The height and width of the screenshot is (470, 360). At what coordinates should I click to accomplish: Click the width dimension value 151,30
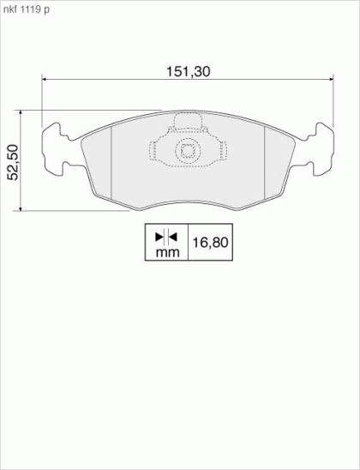click(x=189, y=72)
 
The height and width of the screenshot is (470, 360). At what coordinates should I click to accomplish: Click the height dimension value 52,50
click(x=13, y=162)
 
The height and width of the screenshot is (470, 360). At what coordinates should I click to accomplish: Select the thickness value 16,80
click(x=210, y=243)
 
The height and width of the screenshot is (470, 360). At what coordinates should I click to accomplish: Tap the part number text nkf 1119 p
click(x=27, y=9)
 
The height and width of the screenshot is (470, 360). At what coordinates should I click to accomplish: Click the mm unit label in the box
click(x=168, y=253)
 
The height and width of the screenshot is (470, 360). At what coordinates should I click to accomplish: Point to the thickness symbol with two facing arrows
click(x=166, y=237)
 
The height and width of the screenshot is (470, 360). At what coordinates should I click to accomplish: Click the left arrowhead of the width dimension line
click(x=44, y=79)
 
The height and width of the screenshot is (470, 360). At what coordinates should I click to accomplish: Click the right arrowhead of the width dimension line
click(x=331, y=79)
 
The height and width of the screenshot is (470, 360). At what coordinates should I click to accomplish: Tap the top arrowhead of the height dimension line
click(x=21, y=112)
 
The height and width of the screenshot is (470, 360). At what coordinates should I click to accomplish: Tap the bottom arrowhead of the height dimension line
click(x=21, y=208)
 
